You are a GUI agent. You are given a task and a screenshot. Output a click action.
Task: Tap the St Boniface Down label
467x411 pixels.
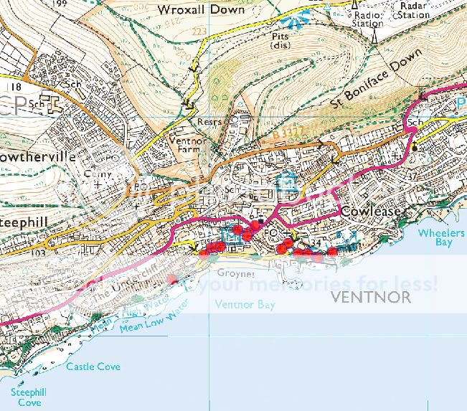(376, 80)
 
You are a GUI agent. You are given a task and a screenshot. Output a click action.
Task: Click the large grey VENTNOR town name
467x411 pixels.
(372, 296)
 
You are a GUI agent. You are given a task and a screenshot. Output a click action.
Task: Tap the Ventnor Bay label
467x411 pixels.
(245, 304)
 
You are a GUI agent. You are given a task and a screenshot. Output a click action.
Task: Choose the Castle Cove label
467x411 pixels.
(93, 367)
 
